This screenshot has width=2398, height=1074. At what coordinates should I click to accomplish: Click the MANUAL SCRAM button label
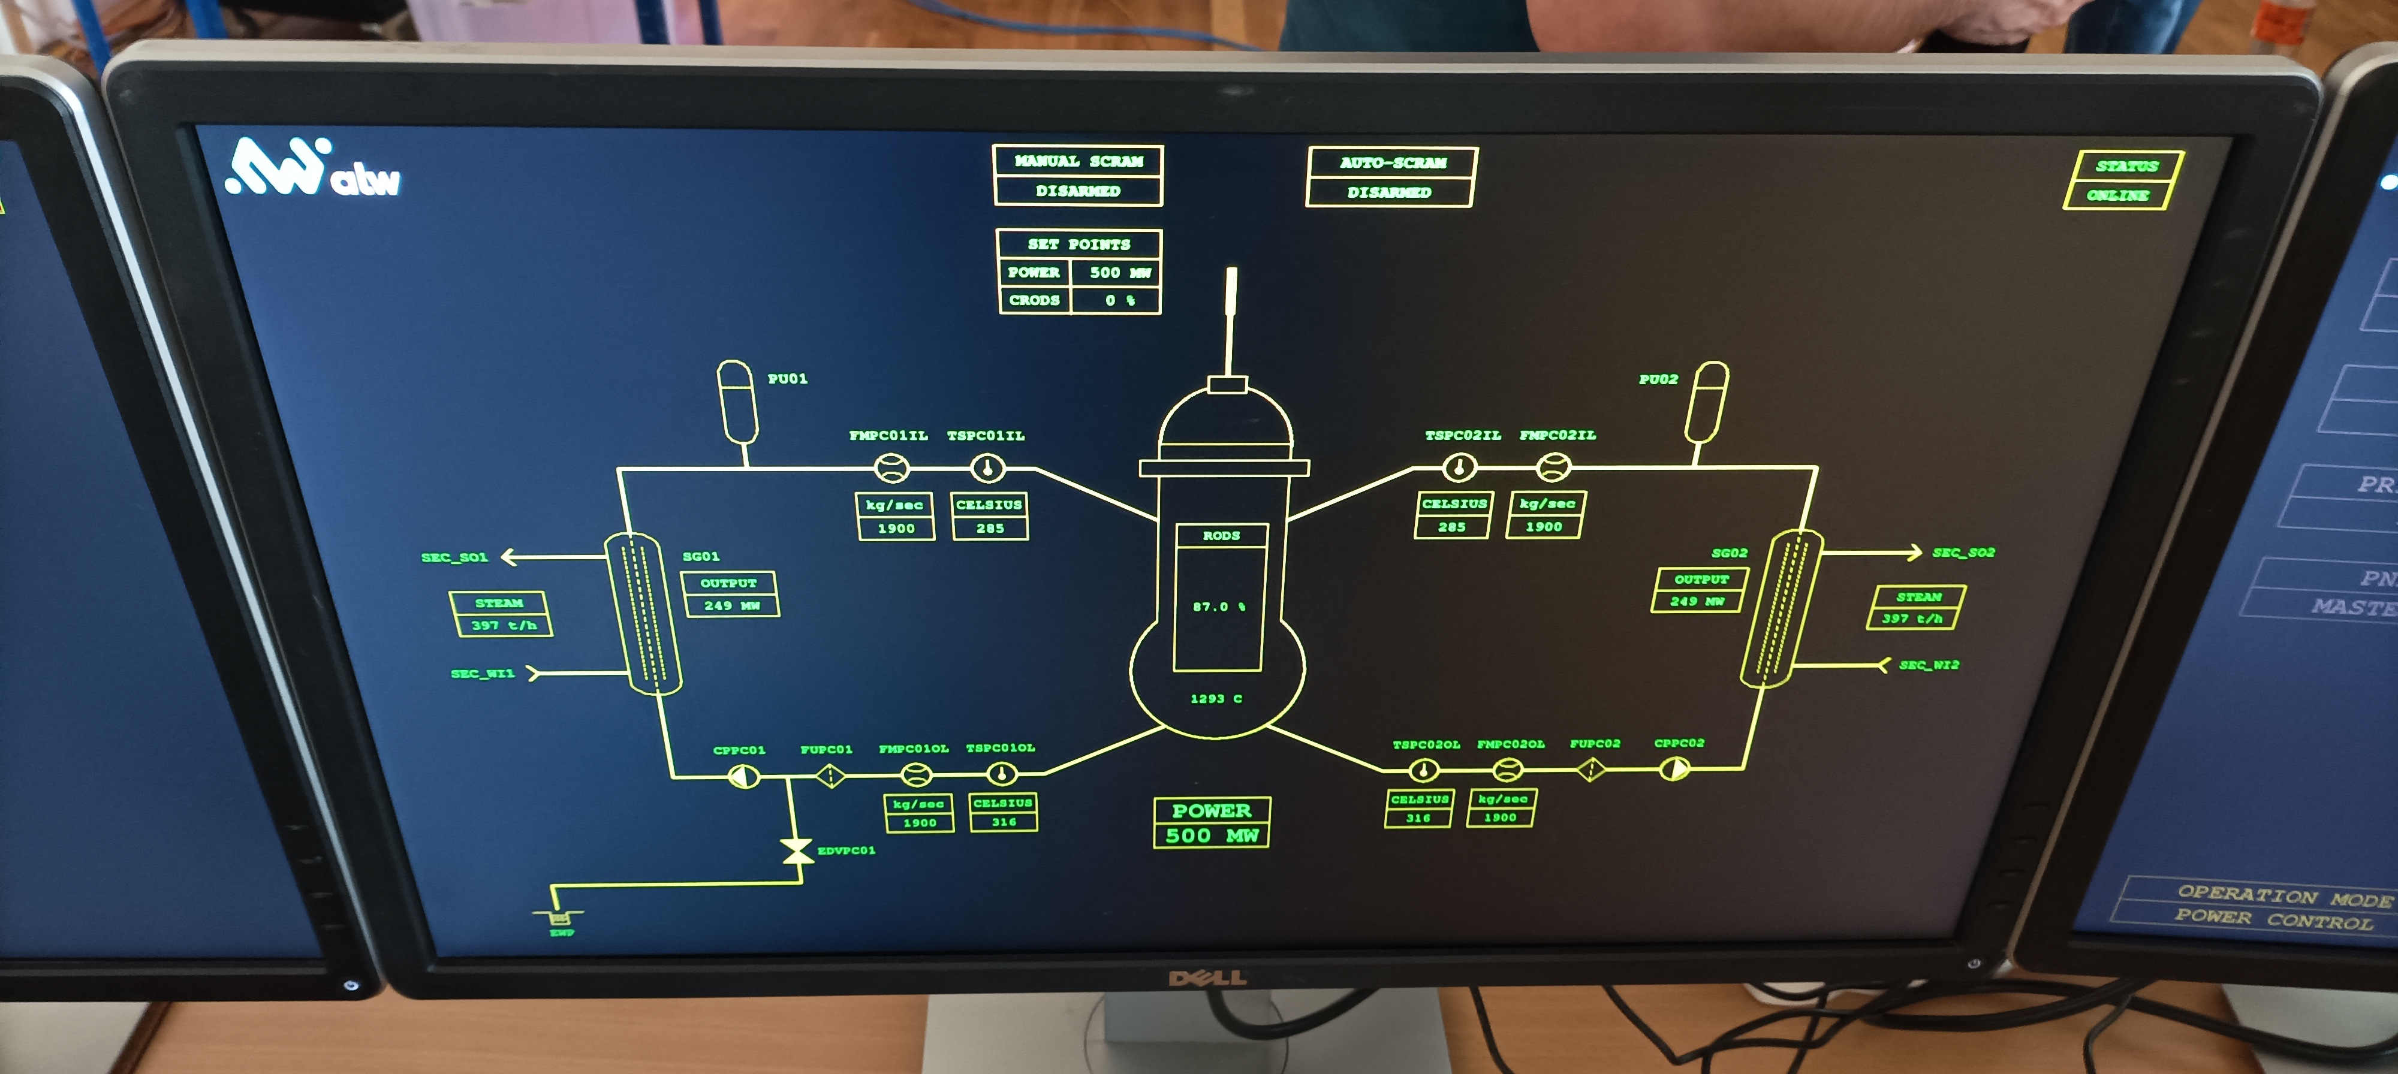tap(1078, 161)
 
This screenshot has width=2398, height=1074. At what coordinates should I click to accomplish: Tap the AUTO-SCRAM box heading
tap(1393, 163)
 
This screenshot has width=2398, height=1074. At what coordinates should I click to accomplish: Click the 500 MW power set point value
tap(1119, 273)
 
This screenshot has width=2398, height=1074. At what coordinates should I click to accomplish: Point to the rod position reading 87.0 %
tap(1218, 607)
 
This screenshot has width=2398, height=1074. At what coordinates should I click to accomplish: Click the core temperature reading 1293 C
tap(1216, 699)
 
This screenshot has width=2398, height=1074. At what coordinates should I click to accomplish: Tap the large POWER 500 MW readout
tap(1211, 823)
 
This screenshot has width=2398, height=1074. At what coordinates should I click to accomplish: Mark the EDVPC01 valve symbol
tap(796, 850)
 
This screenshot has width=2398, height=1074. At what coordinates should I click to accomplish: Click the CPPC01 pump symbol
tap(742, 776)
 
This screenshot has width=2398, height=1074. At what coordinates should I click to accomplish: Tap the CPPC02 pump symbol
tap(1674, 770)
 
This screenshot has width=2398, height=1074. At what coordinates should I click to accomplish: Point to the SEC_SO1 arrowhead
tap(508, 557)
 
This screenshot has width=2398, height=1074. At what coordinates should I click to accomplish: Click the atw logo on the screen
tap(313, 170)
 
